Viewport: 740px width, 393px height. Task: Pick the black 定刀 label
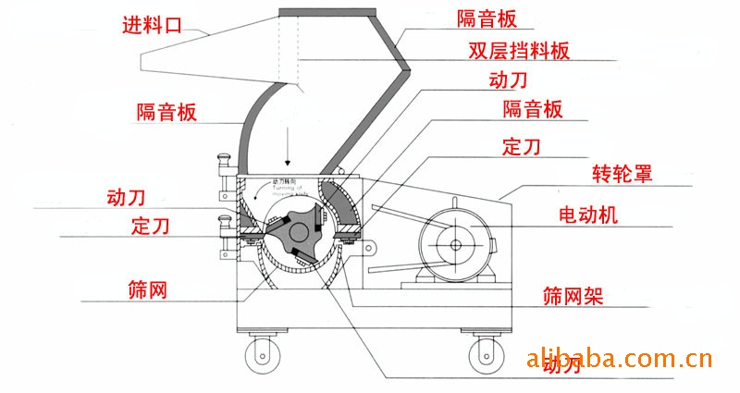tap(522, 145)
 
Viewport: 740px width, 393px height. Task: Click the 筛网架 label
tap(573, 297)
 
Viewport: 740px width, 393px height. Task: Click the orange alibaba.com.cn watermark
tap(618, 358)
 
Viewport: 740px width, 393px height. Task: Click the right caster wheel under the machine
tap(484, 351)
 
